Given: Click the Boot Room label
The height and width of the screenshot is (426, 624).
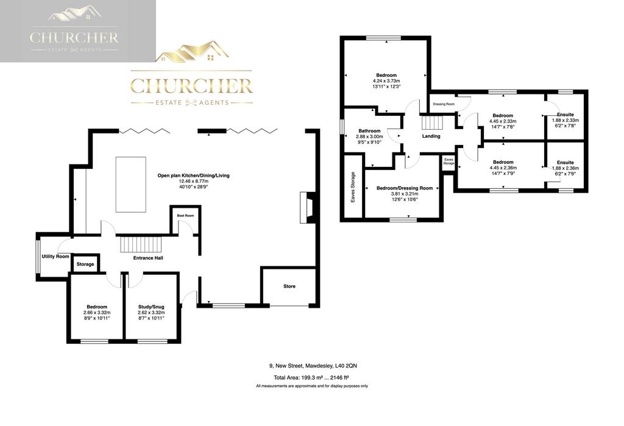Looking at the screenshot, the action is point(185,215).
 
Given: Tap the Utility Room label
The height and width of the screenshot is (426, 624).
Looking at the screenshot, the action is point(55,257).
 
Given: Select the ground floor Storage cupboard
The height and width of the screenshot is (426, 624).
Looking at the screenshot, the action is point(85,263).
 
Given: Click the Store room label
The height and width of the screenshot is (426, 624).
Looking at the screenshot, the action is point(289,286).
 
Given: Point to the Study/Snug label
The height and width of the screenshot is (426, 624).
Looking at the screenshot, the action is point(151,307).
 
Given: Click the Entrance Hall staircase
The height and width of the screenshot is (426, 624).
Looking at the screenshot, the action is point(141,244).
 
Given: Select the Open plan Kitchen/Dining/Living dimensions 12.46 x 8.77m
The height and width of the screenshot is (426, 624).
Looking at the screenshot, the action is point(193,181).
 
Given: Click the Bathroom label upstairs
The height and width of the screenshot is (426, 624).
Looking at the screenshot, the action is point(370,130).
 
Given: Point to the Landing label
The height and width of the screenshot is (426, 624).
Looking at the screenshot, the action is point(431,136).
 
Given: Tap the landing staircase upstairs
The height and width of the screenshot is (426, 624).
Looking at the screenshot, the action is point(432,122).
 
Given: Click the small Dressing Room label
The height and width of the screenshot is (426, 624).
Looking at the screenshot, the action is point(444,104).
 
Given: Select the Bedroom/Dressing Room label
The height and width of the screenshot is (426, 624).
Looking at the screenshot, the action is point(405,188).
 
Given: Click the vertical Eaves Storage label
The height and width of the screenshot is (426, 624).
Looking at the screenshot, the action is point(353,187).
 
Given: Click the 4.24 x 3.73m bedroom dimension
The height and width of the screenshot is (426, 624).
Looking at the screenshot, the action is point(386,80).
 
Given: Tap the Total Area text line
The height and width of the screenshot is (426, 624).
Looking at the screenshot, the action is point(311,377).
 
